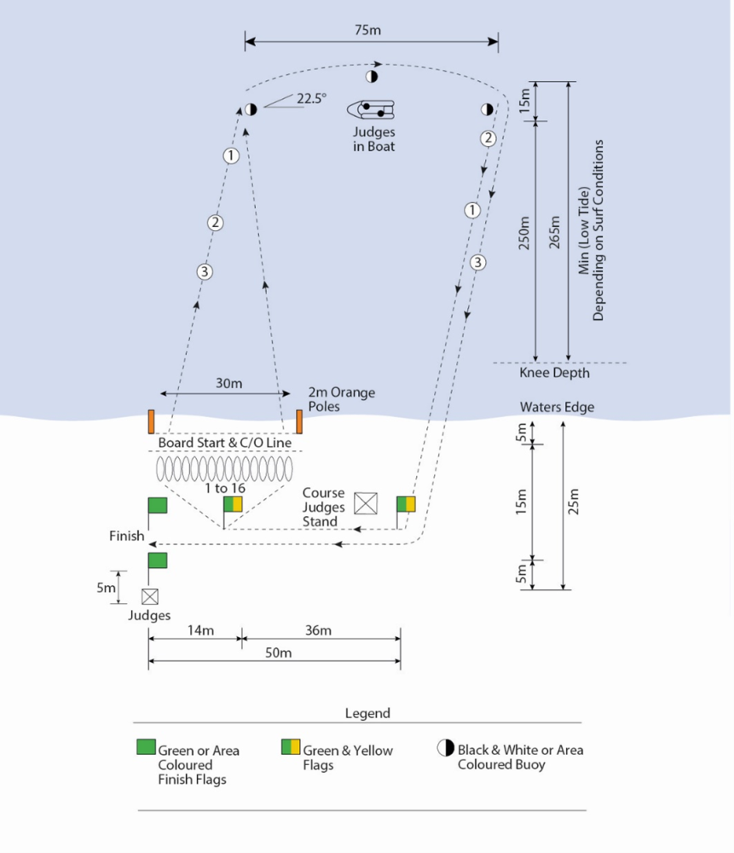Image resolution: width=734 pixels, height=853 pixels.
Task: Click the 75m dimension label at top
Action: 367,30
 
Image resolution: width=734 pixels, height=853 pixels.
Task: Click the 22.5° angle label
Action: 311,98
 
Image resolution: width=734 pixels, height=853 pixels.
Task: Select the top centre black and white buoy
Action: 372,77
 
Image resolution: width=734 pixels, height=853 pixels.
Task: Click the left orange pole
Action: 151,421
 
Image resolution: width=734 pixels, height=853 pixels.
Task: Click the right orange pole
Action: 299,421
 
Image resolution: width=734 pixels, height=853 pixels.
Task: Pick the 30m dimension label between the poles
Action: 228,383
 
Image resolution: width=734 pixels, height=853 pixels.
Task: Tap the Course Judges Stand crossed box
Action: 366,503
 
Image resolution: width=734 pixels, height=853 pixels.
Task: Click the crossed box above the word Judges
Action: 150,596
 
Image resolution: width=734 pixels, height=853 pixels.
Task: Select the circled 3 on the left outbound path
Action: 205,272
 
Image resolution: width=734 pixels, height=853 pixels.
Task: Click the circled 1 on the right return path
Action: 472,210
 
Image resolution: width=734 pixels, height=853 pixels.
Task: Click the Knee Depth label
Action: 554,373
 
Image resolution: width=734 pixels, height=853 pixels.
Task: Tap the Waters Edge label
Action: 557,408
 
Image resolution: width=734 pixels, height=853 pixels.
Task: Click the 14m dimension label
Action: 201,630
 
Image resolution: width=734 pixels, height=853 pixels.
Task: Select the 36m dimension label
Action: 318,630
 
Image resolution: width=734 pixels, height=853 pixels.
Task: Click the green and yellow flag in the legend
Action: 291,747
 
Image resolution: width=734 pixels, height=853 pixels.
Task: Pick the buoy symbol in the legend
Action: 445,748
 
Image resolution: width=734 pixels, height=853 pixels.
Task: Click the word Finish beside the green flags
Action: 126,537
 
